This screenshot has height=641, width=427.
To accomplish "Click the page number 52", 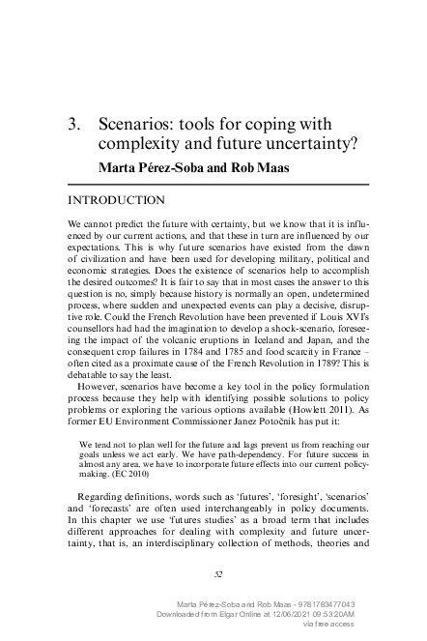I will [x=218, y=574].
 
